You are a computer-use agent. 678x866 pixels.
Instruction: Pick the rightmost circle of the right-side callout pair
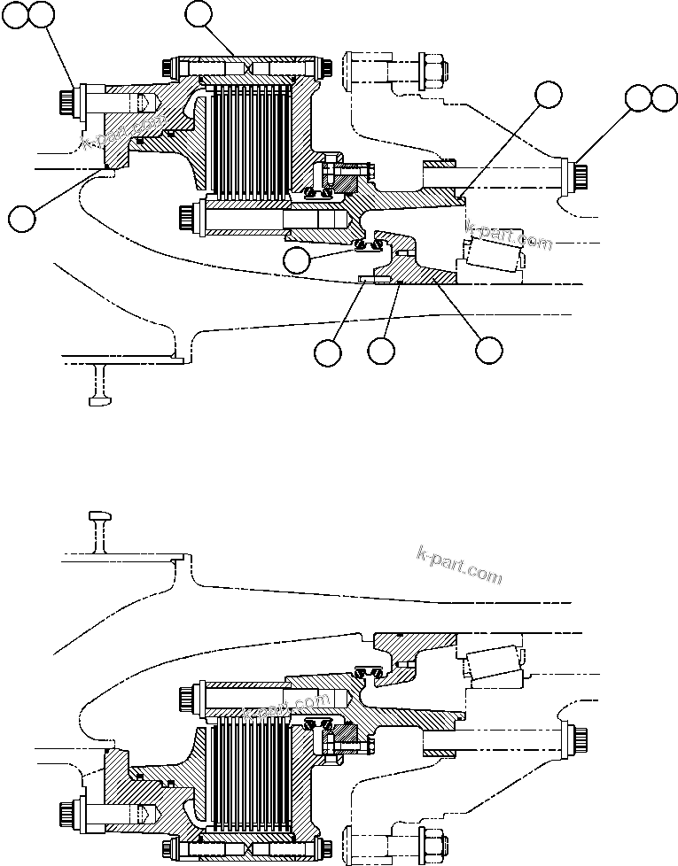(x=665, y=98)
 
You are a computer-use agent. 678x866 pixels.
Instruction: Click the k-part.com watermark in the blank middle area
(x=458, y=564)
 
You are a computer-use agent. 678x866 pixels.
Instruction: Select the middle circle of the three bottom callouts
(x=382, y=351)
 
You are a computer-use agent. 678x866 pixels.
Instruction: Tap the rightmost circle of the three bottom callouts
(x=488, y=350)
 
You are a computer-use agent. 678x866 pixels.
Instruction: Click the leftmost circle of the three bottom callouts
(x=328, y=352)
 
